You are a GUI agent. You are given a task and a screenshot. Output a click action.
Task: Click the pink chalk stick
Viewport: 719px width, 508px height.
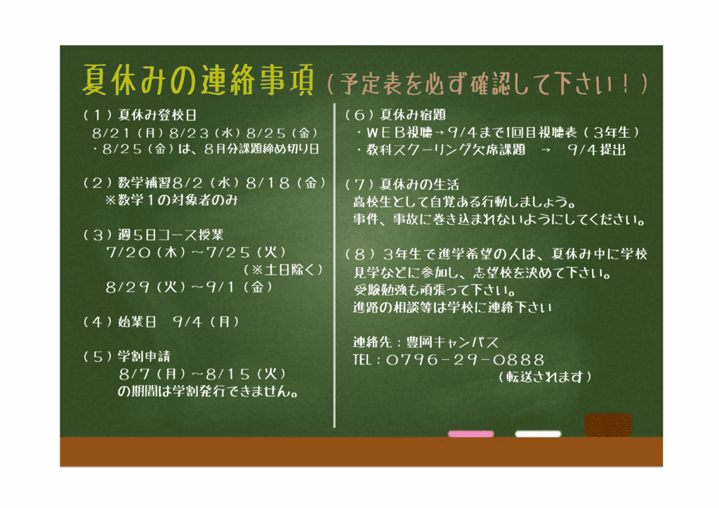(470, 434)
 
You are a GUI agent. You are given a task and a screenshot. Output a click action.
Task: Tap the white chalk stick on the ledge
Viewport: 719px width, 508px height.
(538, 434)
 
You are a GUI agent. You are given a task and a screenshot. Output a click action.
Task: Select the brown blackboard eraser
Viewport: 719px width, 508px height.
(607, 424)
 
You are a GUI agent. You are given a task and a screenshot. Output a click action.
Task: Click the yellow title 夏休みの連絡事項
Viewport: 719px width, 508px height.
(198, 80)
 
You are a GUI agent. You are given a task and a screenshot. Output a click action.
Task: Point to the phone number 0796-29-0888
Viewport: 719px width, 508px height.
(465, 360)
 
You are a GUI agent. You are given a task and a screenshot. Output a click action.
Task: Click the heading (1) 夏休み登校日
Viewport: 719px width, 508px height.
(140, 115)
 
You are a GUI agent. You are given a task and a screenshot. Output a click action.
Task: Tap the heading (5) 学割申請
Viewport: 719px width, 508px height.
(126, 356)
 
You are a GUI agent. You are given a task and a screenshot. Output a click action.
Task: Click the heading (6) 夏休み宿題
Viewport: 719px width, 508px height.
(395, 115)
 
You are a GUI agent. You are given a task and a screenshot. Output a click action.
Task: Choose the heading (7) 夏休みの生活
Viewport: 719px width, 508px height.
(402, 185)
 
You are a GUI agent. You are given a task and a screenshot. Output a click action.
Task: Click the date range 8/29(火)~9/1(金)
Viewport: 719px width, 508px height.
(190, 287)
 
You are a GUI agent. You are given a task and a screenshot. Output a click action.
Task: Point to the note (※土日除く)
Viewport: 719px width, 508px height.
(284, 270)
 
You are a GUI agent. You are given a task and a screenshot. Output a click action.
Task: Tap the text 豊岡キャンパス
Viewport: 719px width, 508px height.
(452, 342)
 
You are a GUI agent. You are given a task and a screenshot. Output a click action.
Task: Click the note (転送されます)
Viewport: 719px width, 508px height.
(545, 377)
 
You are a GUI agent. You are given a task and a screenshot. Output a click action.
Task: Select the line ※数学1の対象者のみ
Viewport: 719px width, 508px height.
(171, 200)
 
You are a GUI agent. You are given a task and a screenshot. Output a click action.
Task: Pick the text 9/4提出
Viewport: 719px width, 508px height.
(597, 150)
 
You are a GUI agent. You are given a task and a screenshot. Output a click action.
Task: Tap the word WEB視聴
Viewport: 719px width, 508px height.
(400, 133)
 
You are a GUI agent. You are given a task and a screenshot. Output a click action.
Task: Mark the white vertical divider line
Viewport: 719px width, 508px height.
(334, 266)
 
